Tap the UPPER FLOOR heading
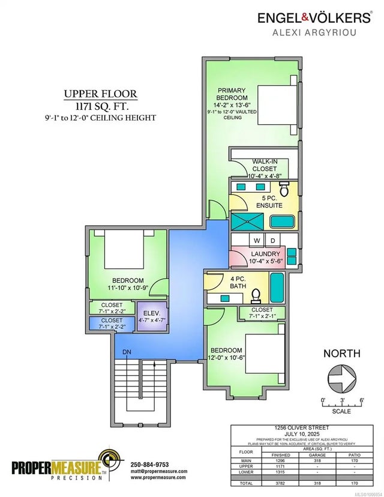tap(100, 94)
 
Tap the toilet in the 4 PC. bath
tap(256, 295)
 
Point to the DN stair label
tap(127, 352)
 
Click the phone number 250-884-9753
tap(150, 464)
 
